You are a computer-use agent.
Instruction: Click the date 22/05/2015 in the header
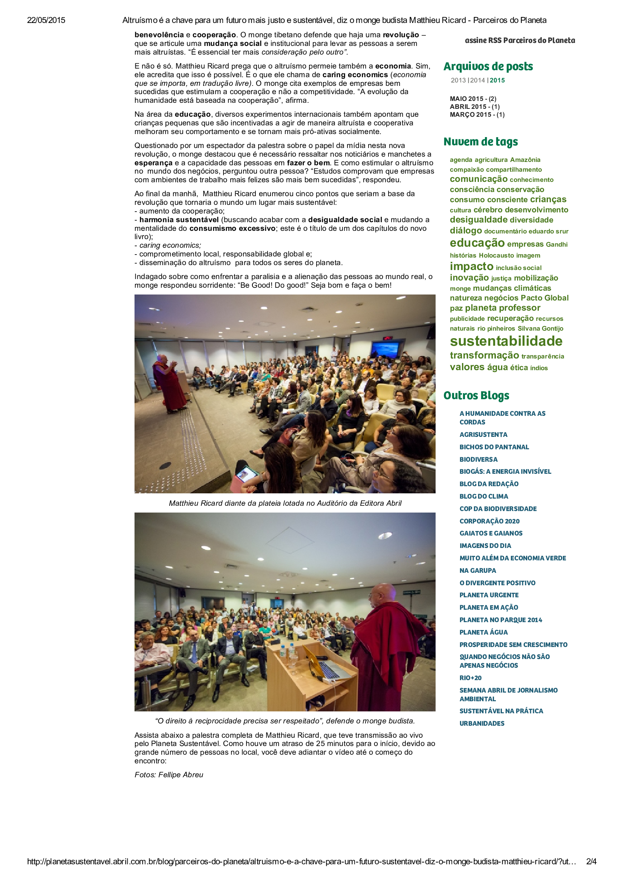[x=46, y=20]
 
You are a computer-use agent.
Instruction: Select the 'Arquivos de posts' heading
[x=488, y=66]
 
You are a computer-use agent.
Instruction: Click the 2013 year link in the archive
[x=458, y=80]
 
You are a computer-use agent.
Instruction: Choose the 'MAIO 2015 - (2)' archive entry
[x=473, y=99]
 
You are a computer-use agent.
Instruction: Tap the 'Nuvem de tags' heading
[x=480, y=142]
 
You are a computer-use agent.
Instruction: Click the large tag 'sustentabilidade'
[x=506, y=341]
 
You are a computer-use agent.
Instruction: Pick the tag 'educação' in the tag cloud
[x=477, y=243]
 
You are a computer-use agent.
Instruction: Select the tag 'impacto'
[x=471, y=266]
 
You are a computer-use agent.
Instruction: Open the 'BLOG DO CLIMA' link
[x=484, y=496]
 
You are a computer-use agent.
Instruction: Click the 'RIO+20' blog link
[x=470, y=678]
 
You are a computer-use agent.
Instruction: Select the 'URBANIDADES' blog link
[x=482, y=723]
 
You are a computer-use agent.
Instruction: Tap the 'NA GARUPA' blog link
[x=477, y=571]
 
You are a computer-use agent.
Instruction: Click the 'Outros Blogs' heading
[x=476, y=396]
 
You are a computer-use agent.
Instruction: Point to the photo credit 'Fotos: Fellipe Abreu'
[x=169, y=775]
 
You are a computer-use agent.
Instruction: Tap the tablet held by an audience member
[x=247, y=474]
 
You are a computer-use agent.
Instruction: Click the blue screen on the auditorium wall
[x=385, y=349]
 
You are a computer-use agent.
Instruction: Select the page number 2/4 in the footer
[x=591, y=862]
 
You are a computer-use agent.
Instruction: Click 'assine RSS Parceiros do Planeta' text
[x=520, y=40]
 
